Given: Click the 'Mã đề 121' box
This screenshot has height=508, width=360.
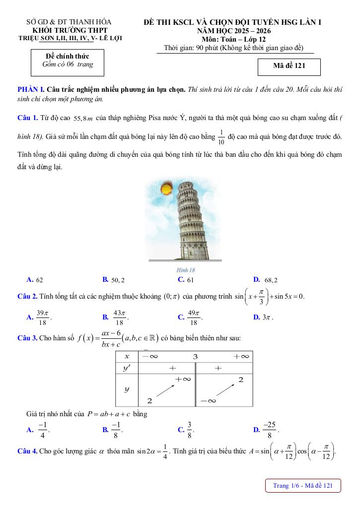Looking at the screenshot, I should (x=289, y=66).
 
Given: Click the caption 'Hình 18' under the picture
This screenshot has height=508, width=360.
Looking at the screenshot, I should (x=186, y=270).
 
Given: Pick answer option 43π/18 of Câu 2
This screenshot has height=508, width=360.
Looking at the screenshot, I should (x=115, y=317).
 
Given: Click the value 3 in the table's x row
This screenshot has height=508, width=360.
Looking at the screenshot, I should (x=195, y=357).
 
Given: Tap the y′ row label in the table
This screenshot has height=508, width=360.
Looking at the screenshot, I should (x=127, y=368).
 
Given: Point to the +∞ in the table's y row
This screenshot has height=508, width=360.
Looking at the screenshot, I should (x=183, y=379).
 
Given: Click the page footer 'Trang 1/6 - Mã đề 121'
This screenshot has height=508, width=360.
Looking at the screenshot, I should (x=303, y=486).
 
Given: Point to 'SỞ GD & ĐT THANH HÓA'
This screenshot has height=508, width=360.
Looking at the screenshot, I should (x=69, y=22).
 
